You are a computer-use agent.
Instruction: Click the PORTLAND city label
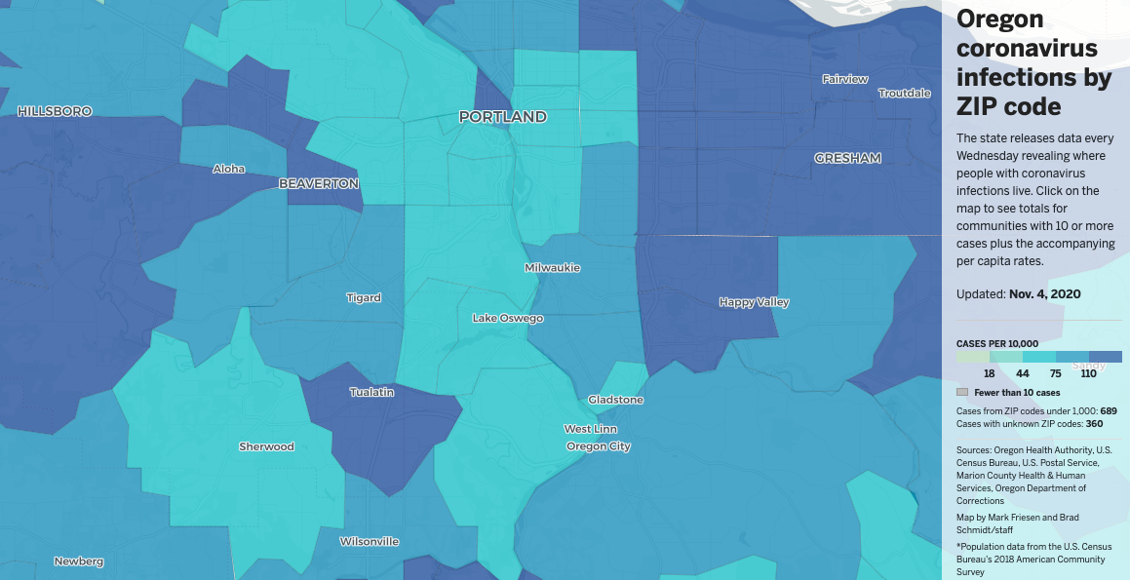[x=503, y=117]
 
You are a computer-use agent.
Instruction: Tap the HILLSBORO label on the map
[x=55, y=112]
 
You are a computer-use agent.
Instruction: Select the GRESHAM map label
[x=847, y=158]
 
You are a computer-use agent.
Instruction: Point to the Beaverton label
[x=319, y=183]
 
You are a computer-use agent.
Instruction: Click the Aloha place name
[x=229, y=169]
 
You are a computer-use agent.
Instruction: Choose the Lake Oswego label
[x=508, y=318]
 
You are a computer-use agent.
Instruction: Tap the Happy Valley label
[x=754, y=302]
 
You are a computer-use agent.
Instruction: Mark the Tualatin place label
[x=372, y=392]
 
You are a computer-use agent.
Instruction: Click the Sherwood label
[x=266, y=446]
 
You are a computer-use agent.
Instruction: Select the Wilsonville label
[x=370, y=541]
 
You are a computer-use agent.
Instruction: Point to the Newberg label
[x=79, y=561]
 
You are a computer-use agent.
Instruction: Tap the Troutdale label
[x=905, y=94]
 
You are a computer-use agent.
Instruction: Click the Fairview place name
[x=845, y=79]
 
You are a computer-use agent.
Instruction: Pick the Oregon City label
[x=599, y=446]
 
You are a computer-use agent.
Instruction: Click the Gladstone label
[x=615, y=400]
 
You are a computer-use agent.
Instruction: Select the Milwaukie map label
[x=552, y=267]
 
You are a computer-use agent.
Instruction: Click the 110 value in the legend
[x=1089, y=374]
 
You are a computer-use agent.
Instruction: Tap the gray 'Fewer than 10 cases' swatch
[x=962, y=392]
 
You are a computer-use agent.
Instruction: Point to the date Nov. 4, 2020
[x=1044, y=294]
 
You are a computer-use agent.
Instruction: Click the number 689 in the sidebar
[x=1108, y=411]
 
